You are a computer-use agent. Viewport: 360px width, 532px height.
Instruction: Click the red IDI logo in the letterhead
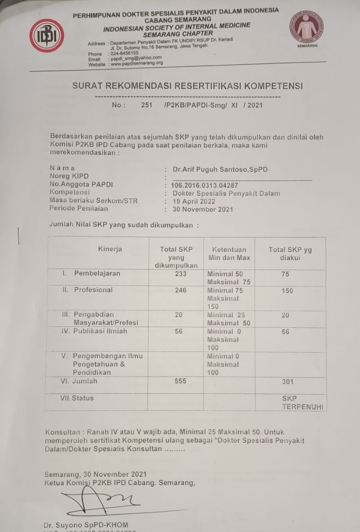pyautogui.click(x=47, y=35)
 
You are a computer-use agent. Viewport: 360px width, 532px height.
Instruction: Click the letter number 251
pyautogui.click(x=146, y=105)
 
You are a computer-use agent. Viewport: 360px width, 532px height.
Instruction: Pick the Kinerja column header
pyautogui.click(x=110, y=249)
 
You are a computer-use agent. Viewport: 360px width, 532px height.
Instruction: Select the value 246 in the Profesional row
pyautogui.click(x=181, y=290)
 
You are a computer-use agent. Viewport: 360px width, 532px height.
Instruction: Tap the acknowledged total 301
pyautogui.click(x=288, y=382)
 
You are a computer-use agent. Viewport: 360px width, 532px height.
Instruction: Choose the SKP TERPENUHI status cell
pyautogui.click(x=302, y=403)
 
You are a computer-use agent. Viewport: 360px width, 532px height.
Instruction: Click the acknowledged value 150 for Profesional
pyautogui.click(x=287, y=291)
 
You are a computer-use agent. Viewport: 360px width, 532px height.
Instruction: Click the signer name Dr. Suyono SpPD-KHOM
pyautogui.click(x=86, y=525)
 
